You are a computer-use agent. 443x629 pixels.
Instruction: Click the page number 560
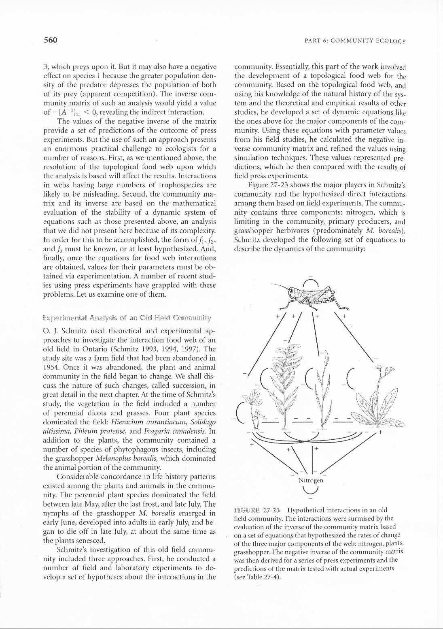coord(50,40)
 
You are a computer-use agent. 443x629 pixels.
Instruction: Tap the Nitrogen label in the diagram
coord(311,480)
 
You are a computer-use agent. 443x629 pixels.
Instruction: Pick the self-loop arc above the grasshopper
coord(311,281)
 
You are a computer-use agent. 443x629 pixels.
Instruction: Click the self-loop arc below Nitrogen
coord(311,490)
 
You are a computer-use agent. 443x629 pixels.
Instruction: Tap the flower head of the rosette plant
coord(379,368)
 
